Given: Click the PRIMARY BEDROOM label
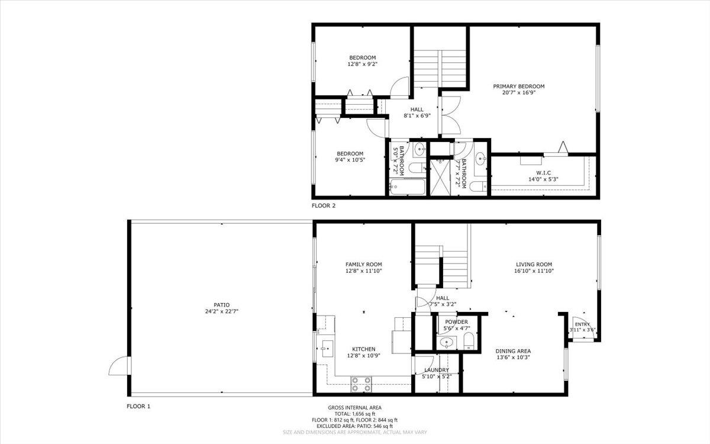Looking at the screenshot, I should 519,86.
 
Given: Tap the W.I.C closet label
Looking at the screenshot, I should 543,172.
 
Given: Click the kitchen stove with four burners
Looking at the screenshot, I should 361,384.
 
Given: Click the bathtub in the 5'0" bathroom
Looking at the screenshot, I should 406,188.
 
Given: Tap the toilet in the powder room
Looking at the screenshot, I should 469,341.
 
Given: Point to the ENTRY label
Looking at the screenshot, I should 582,324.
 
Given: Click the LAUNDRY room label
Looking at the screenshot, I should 437,370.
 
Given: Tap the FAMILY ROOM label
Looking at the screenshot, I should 363,265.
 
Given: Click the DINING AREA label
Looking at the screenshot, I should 513,350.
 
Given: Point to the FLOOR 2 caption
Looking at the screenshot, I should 324,206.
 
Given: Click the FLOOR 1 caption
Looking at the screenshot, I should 138,406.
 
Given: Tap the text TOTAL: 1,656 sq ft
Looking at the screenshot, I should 354,414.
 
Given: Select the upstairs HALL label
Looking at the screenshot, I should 417,110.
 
